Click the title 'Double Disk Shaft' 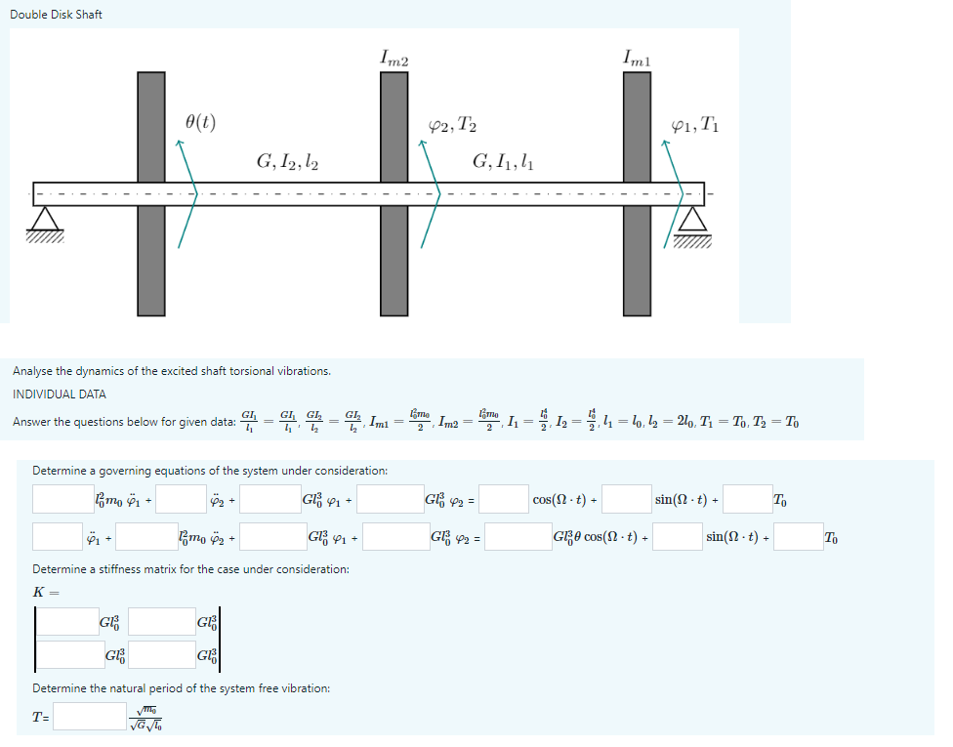click(x=56, y=15)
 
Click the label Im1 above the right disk click(x=637, y=59)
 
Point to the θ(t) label click(x=200, y=122)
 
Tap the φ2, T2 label click(x=453, y=124)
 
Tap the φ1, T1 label click(x=696, y=124)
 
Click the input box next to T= click(x=90, y=718)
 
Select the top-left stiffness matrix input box click(x=65, y=622)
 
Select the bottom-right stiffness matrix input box click(x=161, y=655)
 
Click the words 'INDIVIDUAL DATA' click(x=60, y=394)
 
